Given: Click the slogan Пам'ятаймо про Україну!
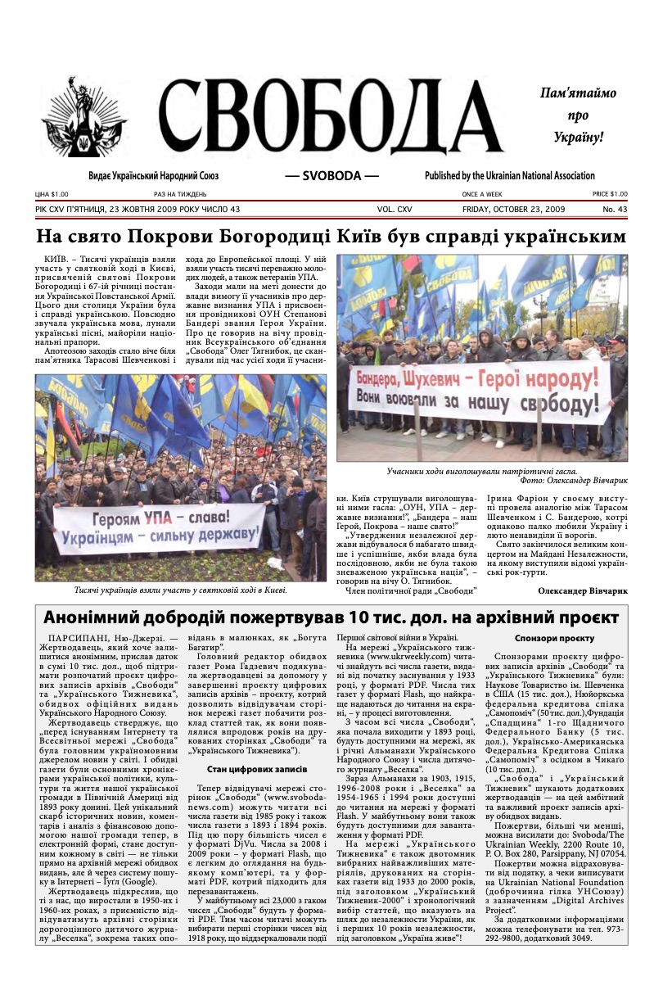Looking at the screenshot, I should [x=577, y=115].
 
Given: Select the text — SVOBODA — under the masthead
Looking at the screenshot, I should [x=331, y=175].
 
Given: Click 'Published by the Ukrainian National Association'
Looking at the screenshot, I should [x=509, y=175].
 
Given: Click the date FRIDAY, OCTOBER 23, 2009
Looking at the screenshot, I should [x=513, y=210].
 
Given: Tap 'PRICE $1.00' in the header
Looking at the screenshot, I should [x=610, y=194].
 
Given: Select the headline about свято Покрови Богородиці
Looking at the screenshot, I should [x=331, y=237].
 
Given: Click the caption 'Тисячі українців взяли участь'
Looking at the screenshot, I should [x=180, y=589].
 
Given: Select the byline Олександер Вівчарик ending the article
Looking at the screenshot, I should [x=582, y=589].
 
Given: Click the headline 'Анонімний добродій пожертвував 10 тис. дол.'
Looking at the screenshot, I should [x=331, y=617].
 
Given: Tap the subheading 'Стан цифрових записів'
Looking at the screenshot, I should [x=256, y=769].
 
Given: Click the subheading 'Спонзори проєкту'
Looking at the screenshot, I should [x=554, y=638].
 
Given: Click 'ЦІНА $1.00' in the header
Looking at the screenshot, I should [x=52, y=194].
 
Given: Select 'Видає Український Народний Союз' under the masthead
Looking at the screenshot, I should [x=153, y=175].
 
